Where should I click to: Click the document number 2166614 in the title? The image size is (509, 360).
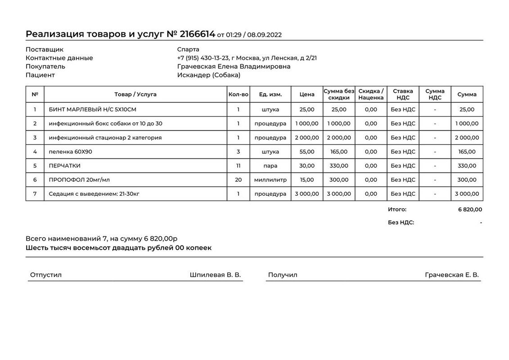point(197,34)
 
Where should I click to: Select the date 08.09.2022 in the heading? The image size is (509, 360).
point(265,35)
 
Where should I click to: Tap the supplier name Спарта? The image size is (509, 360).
point(188,49)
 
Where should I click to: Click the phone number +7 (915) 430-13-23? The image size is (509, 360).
point(203,58)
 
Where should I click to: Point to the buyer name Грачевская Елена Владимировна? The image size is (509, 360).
point(234,67)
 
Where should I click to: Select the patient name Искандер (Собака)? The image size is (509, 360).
point(209,75)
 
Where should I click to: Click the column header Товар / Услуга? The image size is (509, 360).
point(135,94)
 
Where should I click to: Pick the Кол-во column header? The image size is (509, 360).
point(238,94)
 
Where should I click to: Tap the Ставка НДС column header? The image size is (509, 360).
point(403,94)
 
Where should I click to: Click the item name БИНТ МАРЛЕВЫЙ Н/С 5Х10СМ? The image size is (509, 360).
point(92,109)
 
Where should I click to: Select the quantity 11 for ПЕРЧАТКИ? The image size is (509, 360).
point(238,166)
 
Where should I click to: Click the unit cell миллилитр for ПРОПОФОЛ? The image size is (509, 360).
point(270,180)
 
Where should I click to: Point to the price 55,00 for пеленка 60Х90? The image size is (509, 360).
point(307,152)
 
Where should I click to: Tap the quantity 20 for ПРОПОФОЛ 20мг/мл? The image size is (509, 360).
point(238,180)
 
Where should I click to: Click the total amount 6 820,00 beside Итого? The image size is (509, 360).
point(470,209)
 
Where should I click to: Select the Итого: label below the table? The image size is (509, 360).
point(397,209)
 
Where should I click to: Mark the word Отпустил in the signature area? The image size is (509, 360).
point(46,275)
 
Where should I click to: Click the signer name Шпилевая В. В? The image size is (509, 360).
point(215,275)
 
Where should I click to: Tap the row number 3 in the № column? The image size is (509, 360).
point(35,138)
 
